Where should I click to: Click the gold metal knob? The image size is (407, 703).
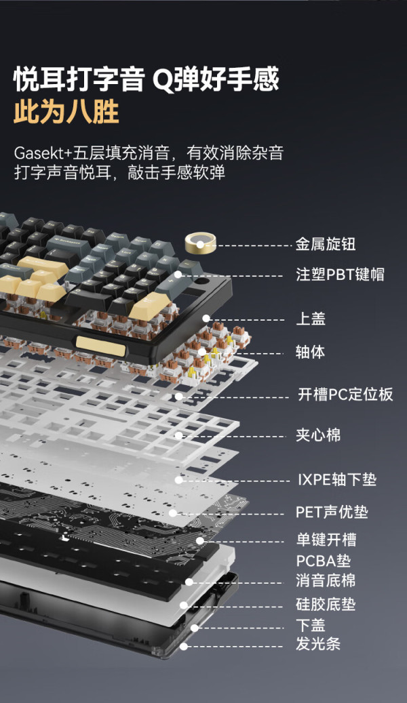point(200,243)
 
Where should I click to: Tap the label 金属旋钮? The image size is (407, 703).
point(326,244)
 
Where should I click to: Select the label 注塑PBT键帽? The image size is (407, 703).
point(340,275)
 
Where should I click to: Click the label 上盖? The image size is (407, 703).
point(311,319)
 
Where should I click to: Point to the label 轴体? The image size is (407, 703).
point(310,352)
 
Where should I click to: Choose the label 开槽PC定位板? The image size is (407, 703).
point(345,395)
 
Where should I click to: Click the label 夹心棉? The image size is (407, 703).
point(318,435)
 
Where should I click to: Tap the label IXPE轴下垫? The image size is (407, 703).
point(337,480)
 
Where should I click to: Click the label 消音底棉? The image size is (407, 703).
point(326,580)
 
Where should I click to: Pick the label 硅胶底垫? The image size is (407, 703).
point(326,605)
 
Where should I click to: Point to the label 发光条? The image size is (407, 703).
point(318,644)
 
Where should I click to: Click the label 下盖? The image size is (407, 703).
point(311,625)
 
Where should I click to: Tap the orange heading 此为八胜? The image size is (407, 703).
point(66,111)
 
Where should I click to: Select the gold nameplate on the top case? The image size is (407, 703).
point(100,346)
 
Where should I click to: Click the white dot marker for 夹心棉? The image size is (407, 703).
point(178,435)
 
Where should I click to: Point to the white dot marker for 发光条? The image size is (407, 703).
point(184,647)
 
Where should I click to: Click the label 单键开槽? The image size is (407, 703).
point(326,540)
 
